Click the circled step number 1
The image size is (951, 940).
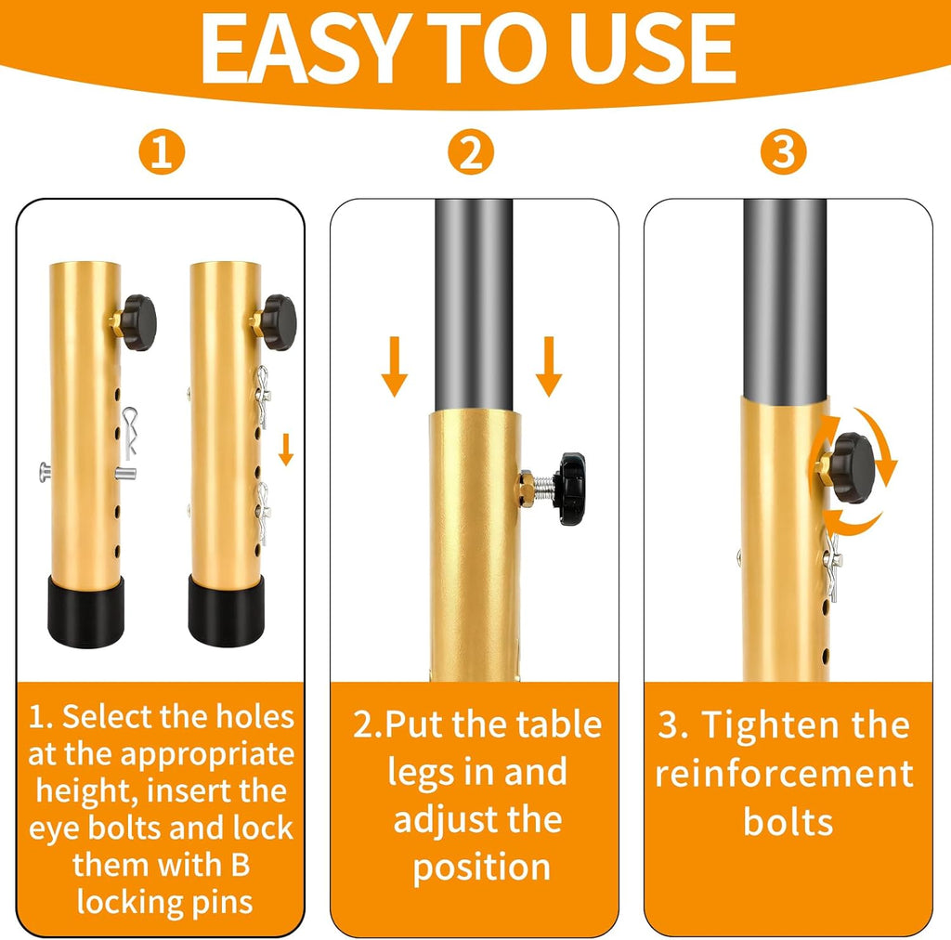point(161,152)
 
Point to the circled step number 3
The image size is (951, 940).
point(783,152)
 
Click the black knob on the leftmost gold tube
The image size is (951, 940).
point(137,322)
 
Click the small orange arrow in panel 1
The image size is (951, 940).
point(286,450)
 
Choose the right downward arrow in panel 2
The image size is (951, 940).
point(549,367)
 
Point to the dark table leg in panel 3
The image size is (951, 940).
point(785,297)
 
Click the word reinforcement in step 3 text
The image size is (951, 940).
point(784,773)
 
